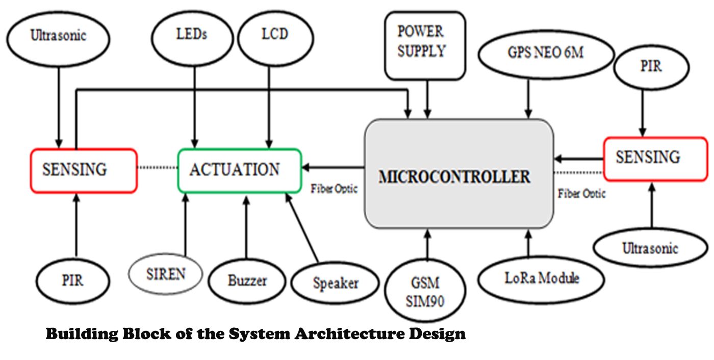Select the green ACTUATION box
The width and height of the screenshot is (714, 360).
239,170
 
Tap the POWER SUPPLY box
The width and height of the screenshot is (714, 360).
424,45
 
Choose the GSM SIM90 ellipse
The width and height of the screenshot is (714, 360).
425,291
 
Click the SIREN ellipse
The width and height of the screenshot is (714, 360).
166,274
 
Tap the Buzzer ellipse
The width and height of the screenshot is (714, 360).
247,280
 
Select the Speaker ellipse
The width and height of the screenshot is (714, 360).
336,283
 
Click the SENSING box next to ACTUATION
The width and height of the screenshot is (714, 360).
84,170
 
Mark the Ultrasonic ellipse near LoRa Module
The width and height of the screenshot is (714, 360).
650,249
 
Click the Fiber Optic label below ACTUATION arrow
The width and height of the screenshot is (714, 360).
334,189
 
